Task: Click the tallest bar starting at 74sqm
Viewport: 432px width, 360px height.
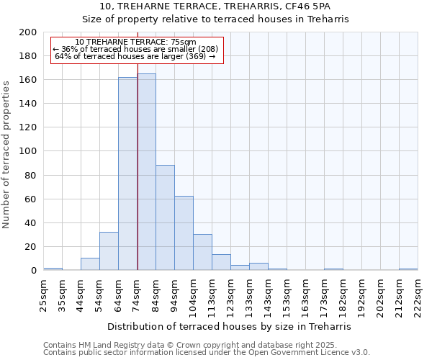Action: point(146,172)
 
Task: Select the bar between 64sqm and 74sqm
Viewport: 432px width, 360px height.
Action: point(127,174)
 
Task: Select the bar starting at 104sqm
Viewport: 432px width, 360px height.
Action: point(202,252)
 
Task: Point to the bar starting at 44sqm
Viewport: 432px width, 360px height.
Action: point(90,264)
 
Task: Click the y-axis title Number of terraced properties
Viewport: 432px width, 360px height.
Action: point(6,154)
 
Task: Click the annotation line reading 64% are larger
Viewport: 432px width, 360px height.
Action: point(135,56)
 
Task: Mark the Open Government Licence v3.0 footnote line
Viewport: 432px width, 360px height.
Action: point(206,352)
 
